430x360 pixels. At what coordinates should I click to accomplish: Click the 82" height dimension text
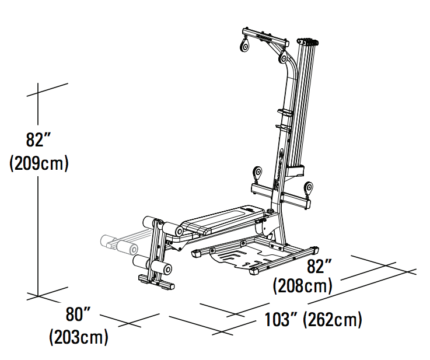(39, 140)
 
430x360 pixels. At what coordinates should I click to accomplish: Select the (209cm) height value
(39, 163)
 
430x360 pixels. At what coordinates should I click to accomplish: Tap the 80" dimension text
(80, 314)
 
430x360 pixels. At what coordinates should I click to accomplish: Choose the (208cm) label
(303, 286)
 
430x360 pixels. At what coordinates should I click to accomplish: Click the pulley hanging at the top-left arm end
(243, 46)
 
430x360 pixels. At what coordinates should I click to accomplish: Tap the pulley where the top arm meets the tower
(284, 58)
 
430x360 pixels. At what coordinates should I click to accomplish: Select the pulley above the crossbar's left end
(256, 174)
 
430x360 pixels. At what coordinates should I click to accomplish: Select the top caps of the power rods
(309, 42)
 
